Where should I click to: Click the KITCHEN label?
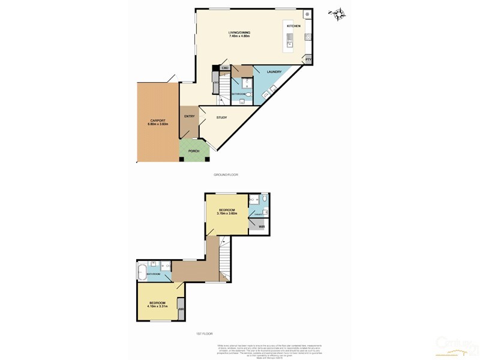click(293, 27)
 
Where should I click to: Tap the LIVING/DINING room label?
click(239, 32)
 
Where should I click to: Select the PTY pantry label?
click(308, 59)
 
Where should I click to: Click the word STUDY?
click(221, 117)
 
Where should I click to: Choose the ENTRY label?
click(189, 116)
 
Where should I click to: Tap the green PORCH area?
click(193, 151)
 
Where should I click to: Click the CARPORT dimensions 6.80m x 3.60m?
click(157, 124)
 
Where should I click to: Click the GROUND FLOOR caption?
click(226, 175)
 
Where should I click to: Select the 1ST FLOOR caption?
click(205, 334)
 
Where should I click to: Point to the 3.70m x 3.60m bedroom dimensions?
click(226, 214)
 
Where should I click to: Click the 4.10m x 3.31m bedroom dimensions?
click(157, 306)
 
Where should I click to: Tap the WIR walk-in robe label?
click(262, 226)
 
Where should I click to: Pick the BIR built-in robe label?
click(180, 311)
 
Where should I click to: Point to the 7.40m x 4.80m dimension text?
click(239, 37)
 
